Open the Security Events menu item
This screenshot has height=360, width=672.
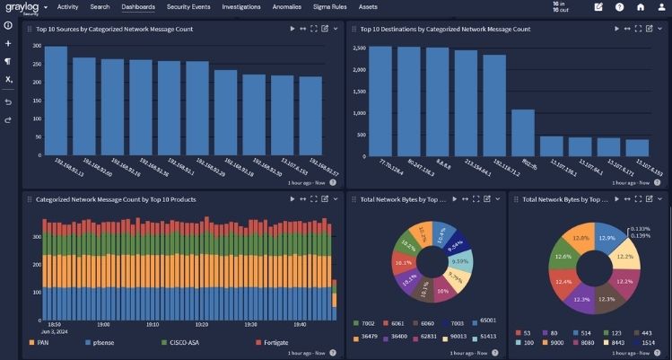click(x=188, y=7)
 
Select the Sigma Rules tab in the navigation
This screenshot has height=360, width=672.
click(x=328, y=7)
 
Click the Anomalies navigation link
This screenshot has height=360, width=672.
click(x=287, y=7)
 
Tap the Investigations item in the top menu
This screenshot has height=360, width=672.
click(x=241, y=7)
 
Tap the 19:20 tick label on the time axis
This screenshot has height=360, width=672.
click(x=202, y=324)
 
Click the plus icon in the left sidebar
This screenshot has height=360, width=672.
click(x=8, y=43)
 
